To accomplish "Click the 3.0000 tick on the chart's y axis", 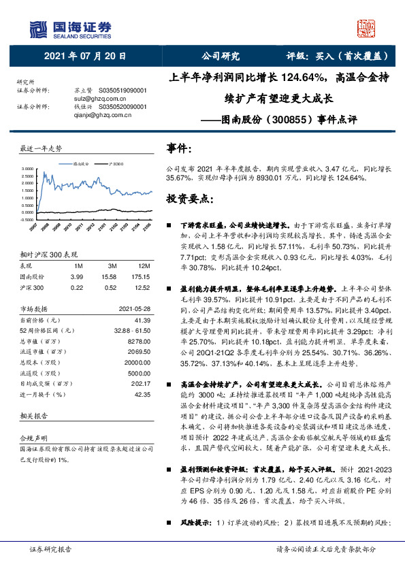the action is pyautogui.click(x=27, y=168).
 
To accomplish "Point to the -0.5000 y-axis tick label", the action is pyautogui.click(x=27, y=220).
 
